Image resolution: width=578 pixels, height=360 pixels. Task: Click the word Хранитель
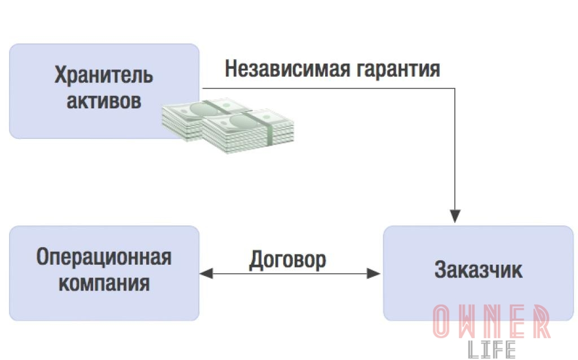[104, 75]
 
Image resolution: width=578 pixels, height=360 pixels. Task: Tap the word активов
[104, 100]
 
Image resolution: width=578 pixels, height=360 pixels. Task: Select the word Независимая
[287, 68]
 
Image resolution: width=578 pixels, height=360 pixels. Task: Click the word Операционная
[104, 257]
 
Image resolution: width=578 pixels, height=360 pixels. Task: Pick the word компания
[104, 283]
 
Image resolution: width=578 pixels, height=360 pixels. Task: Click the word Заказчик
[478, 270]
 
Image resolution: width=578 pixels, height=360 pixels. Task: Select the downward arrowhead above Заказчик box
[455, 216]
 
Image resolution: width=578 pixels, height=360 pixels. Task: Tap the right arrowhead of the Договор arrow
[374, 274]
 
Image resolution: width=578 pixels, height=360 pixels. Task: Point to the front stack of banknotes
[248, 131]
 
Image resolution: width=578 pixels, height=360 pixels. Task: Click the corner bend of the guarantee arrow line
[455, 89]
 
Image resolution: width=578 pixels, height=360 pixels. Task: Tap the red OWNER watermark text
[492, 322]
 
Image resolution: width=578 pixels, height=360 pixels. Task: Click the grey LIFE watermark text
[492, 349]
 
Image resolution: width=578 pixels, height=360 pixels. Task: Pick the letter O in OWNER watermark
[441, 322]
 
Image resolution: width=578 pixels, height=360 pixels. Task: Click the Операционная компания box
[104, 273]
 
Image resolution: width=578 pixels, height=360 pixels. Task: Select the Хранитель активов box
[104, 91]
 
